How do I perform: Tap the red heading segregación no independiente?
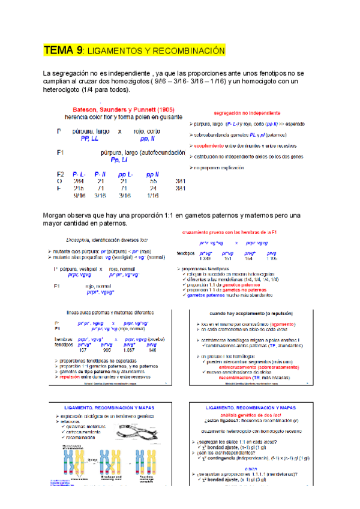247,112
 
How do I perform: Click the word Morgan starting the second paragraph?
57,215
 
